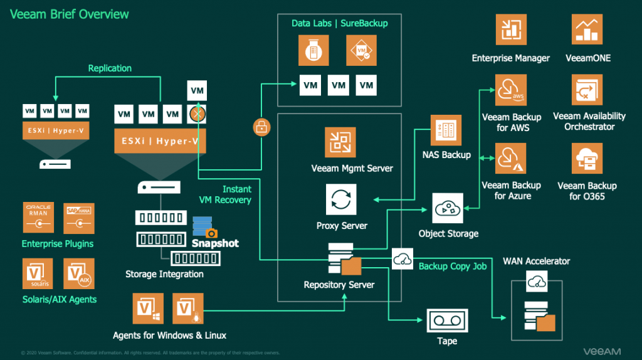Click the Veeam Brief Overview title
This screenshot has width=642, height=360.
(70, 14)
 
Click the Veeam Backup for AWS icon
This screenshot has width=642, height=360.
(511, 90)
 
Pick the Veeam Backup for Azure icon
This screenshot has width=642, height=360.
(511, 159)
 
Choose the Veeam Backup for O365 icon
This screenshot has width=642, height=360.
(587, 159)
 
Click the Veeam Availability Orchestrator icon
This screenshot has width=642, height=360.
(587, 90)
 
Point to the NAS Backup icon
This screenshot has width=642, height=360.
(446, 130)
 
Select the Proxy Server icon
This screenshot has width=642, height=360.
(342, 200)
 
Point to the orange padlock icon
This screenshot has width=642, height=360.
(261, 127)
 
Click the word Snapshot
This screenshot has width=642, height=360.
(215, 243)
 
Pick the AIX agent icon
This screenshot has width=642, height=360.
(79, 273)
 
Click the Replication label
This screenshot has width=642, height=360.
(110, 68)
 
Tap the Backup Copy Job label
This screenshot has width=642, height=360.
(452, 267)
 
